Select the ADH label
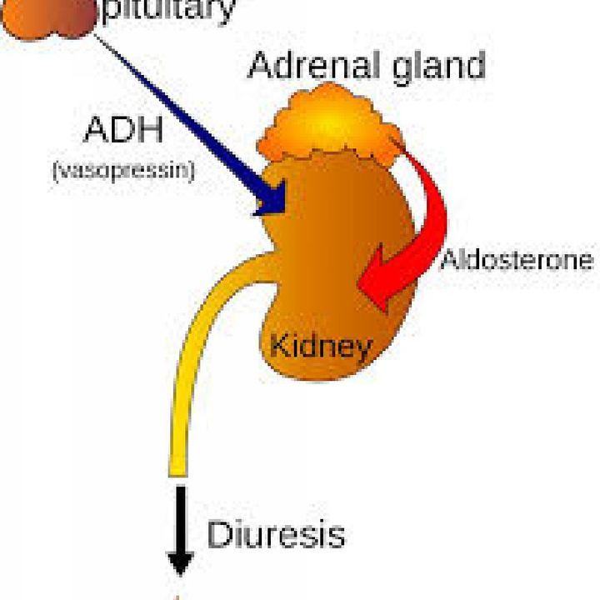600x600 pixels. click(123, 129)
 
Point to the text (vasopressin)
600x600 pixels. click(123, 171)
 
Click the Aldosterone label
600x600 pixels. click(517, 259)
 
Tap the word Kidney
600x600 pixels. click(321, 347)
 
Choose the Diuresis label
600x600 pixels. click(276, 534)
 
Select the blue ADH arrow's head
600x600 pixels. click(272, 199)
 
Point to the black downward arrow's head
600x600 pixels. click(180, 563)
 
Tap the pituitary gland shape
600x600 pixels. click(48, 18)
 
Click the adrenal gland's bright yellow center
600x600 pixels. click(330, 123)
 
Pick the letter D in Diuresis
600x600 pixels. click(219, 534)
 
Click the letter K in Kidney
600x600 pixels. click(280, 344)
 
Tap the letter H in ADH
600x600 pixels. click(150, 129)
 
